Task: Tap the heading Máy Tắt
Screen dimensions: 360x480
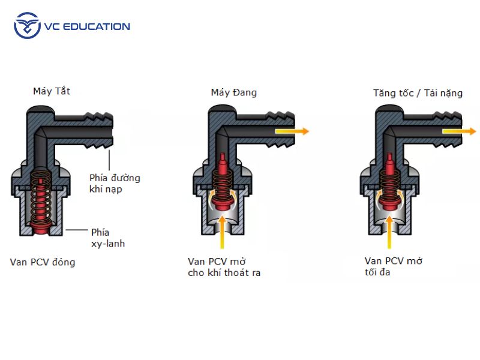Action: [52, 92]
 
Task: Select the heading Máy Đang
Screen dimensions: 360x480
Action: [233, 92]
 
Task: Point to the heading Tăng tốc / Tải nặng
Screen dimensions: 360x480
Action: [418, 93]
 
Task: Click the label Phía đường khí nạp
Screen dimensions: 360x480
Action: [115, 184]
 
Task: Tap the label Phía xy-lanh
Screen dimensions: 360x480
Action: [108, 238]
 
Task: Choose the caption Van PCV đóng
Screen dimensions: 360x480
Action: [43, 262]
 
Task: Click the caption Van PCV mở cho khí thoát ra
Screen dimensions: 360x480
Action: [224, 267]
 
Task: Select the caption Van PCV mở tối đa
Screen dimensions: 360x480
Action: [394, 267]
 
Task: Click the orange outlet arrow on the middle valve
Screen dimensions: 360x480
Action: [293, 131]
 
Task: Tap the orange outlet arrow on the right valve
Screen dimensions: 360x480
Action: [460, 131]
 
